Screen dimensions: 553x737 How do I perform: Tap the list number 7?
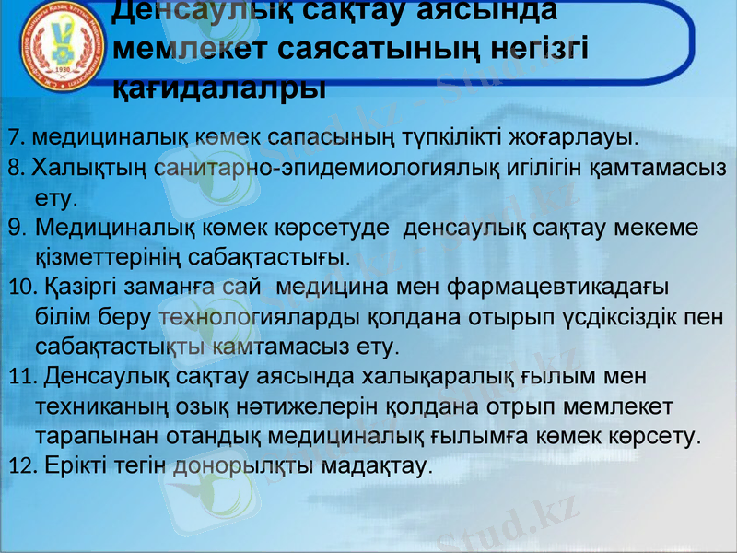tap(13, 139)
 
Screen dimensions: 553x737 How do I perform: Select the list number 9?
tap(17, 227)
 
